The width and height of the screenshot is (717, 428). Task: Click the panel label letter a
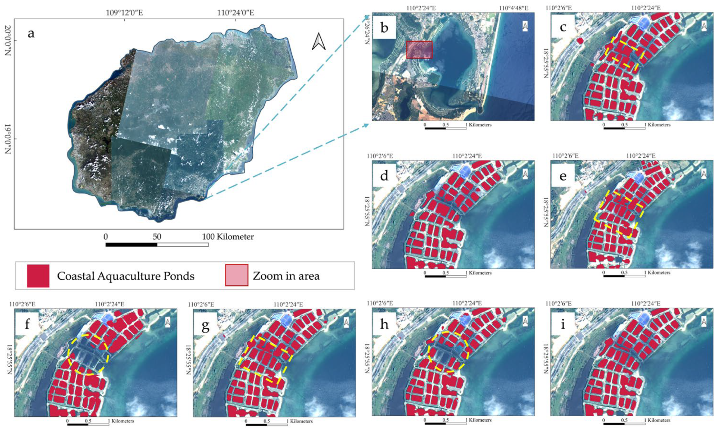[x=31, y=34]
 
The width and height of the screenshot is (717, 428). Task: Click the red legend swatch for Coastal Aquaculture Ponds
[x=38, y=276]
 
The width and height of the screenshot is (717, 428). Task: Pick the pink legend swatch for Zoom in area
[x=237, y=275]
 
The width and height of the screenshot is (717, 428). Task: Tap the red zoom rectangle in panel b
[x=419, y=50]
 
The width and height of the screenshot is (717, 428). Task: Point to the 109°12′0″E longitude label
[x=124, y=13]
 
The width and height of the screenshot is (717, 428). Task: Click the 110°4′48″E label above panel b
[x=514, y=8]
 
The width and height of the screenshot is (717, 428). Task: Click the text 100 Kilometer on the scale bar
[x=228, y=237]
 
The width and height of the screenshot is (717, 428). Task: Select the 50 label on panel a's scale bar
[x=157, y=237]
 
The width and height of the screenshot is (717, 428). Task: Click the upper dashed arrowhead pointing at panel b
[x=367, y=16]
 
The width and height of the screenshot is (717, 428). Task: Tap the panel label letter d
[x=384, y=176]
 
